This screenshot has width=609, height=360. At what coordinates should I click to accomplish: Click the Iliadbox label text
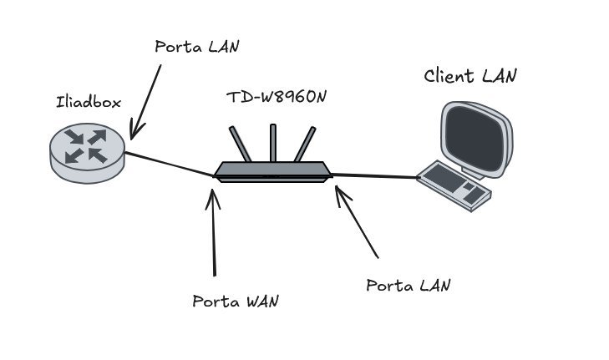pyautogui.click(x=88, y=103)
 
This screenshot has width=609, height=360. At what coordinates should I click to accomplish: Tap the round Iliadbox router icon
pyautogui.click(x=87, y=152)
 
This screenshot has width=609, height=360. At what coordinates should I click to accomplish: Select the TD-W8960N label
pyautogui.click(x=276, y=97)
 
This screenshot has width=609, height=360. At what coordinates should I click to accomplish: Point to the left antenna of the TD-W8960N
pyautogui.click(x=240, y=145)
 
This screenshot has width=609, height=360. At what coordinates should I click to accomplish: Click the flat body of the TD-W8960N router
pyautogui.click(x=272, y=171)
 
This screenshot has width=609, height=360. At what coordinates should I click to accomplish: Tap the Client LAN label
pyautogui.click(x=470, y=76)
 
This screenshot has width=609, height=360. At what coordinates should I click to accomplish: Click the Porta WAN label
pyautogui.click(x=235, y=301)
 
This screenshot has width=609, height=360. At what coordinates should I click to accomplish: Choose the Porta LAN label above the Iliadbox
pyautogui.click(x=197, y=46)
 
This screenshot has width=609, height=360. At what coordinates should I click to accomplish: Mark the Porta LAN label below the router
pyautogui.click(x=409, y=285)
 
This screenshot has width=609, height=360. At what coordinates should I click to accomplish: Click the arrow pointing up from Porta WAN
pyautogui.click(x=214, y=234)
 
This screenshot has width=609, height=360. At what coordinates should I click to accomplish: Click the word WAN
pyautogui.click(x=256, y=301)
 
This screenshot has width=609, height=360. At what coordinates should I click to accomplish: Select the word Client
pyautogui.click(x=450, y=77)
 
